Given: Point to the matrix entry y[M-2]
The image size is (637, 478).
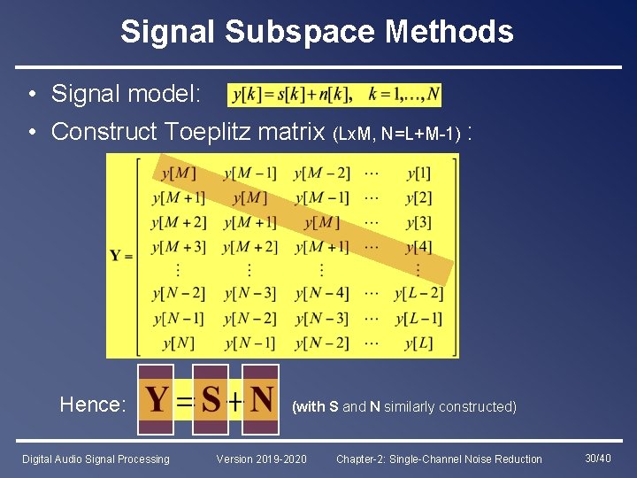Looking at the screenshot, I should [322, 173].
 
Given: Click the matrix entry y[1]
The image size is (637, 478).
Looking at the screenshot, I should [418, 173].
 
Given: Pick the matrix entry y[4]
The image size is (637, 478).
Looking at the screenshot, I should [418, 246].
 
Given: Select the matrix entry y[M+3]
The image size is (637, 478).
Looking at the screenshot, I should [178, 246].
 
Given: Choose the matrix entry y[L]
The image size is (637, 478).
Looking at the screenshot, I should [418, 343].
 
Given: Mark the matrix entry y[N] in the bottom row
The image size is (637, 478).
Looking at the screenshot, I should [178, 343].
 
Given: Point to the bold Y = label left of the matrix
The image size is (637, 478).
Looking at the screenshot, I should [121, 256].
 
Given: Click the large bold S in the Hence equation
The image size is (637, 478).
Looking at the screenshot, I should [211, 400].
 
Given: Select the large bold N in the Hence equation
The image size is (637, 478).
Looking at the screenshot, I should [261, 400].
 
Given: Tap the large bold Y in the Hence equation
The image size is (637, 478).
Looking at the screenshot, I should [157, 400].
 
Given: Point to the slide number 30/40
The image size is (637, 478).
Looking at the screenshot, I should [597, 458].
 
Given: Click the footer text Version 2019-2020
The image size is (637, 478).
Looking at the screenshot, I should [262, 459].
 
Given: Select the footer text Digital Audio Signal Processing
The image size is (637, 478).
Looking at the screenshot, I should [96, 459].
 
